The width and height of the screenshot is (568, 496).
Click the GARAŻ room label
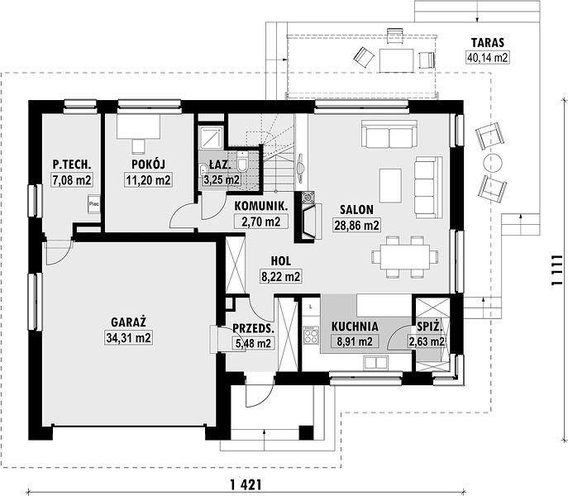128,322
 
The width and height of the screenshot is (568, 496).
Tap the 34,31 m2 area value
129,337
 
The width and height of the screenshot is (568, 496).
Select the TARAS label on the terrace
487,42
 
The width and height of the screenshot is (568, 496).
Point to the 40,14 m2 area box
488,57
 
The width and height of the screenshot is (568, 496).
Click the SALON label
356,209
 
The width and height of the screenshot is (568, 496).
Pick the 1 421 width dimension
246,484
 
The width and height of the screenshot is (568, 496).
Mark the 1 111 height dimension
556,270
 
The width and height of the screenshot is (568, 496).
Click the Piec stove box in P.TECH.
93,204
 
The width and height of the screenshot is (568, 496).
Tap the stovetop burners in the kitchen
311,335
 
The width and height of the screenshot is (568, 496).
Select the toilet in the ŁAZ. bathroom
242,161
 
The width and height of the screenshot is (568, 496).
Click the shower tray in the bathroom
211,137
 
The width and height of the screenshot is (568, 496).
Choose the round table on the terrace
493,163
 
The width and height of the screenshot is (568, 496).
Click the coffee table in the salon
390,185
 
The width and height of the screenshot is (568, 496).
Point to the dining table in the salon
404,257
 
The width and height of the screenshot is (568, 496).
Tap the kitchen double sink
375,363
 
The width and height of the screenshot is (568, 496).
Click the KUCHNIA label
355,327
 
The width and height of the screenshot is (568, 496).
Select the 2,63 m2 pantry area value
427,341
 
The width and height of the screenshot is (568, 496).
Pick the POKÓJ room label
148,165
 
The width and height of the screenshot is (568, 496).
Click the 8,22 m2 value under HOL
281,276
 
